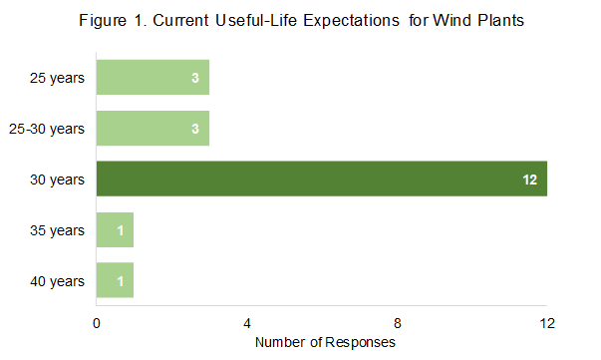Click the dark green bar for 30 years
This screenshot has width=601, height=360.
pos(321,180)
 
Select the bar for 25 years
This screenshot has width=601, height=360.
pos(152,77)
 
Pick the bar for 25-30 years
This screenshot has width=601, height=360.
pos(152,129)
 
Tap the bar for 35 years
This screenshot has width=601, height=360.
pos(115,230)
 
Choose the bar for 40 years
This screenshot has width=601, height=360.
pos(115,281)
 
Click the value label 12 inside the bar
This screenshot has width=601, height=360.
pos(530,180)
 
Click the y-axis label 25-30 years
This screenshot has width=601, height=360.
pos(51,129)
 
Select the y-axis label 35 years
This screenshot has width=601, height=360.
pos(58,230)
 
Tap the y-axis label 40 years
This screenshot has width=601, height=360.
pos(58,281)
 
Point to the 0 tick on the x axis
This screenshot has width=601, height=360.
pos(97,322)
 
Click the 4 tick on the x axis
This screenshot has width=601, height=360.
pos(246,322)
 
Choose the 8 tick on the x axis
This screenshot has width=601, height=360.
pos(397,322)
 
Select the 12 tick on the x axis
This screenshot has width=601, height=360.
pos(546,322)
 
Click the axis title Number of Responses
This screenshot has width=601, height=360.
pos(325,342)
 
